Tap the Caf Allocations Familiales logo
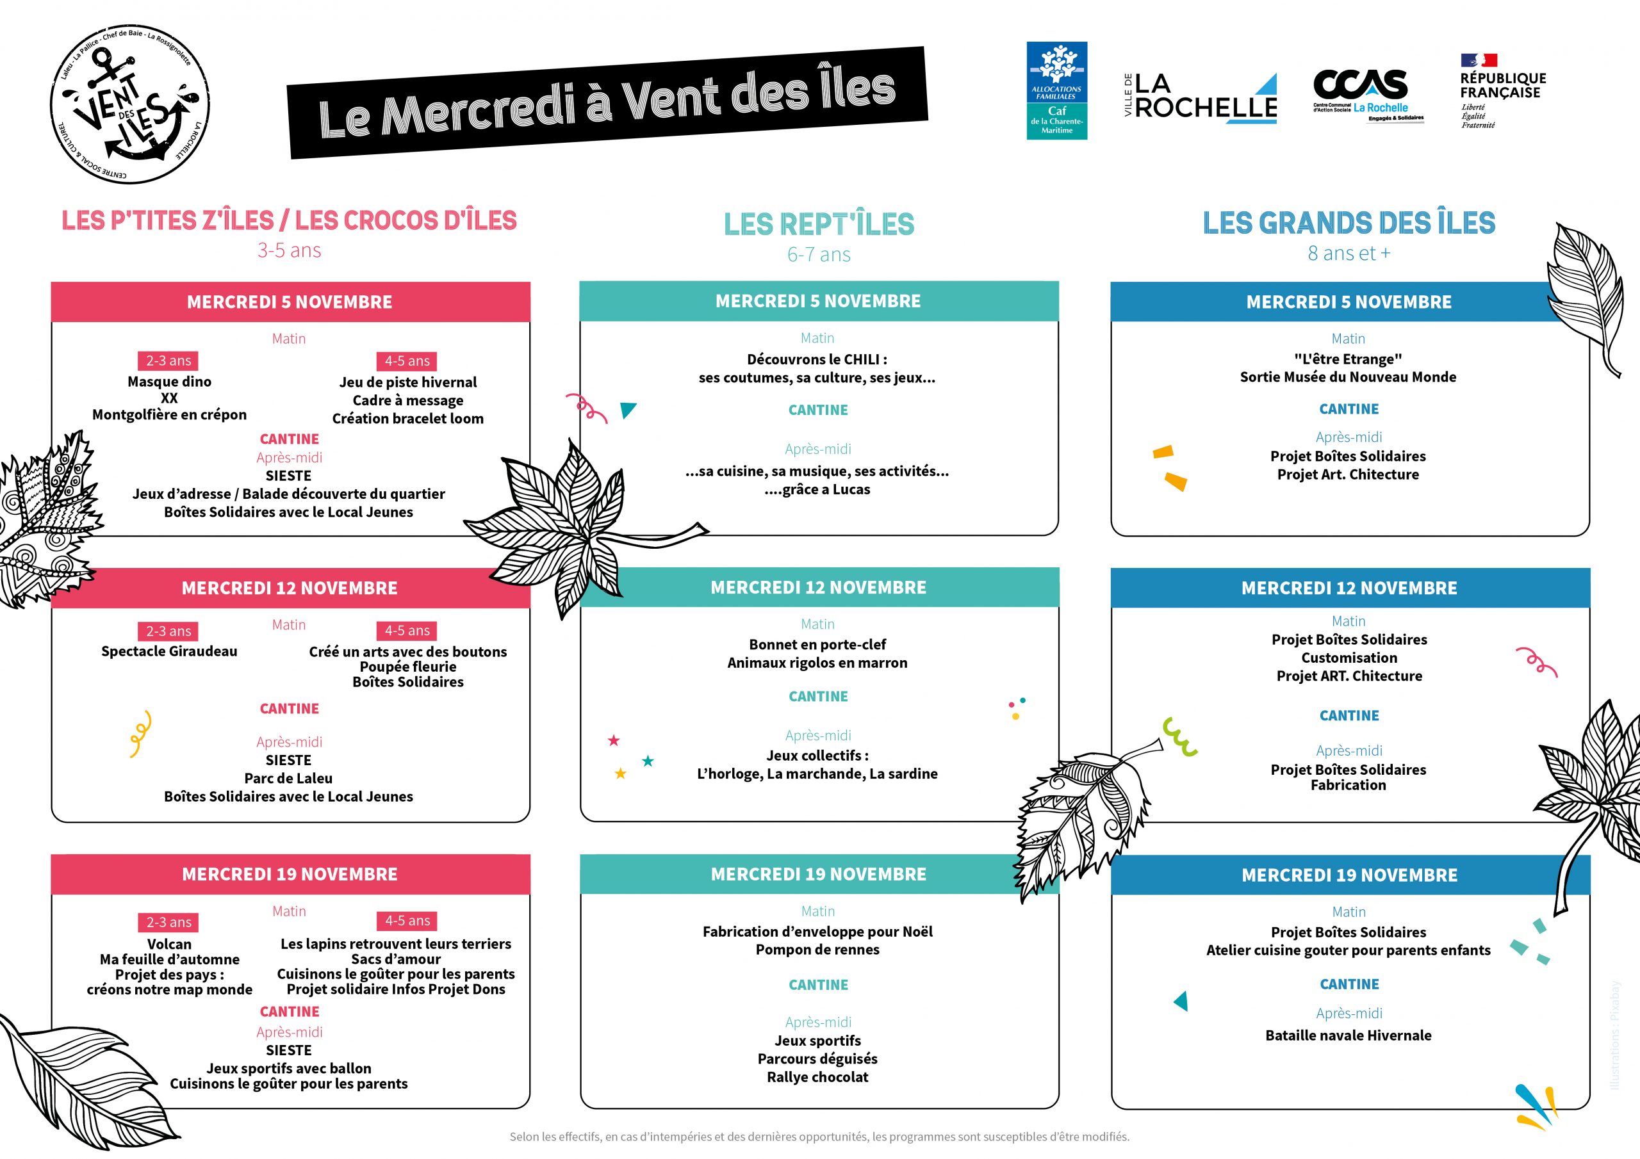1056,90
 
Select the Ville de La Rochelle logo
1200,99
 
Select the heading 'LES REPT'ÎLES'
819,224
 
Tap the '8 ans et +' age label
1349,254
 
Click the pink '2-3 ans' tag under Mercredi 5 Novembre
168,361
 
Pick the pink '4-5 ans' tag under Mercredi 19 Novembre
407,921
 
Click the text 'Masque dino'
169,382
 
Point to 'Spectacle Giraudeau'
169,651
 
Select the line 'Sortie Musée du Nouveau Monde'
1348,377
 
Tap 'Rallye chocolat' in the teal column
818,1077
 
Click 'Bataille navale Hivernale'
1349,1035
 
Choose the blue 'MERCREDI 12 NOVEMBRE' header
1349,588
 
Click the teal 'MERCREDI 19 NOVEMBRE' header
819,874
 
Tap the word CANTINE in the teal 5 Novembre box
819,410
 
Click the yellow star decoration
621,774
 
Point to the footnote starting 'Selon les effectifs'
819,1137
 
